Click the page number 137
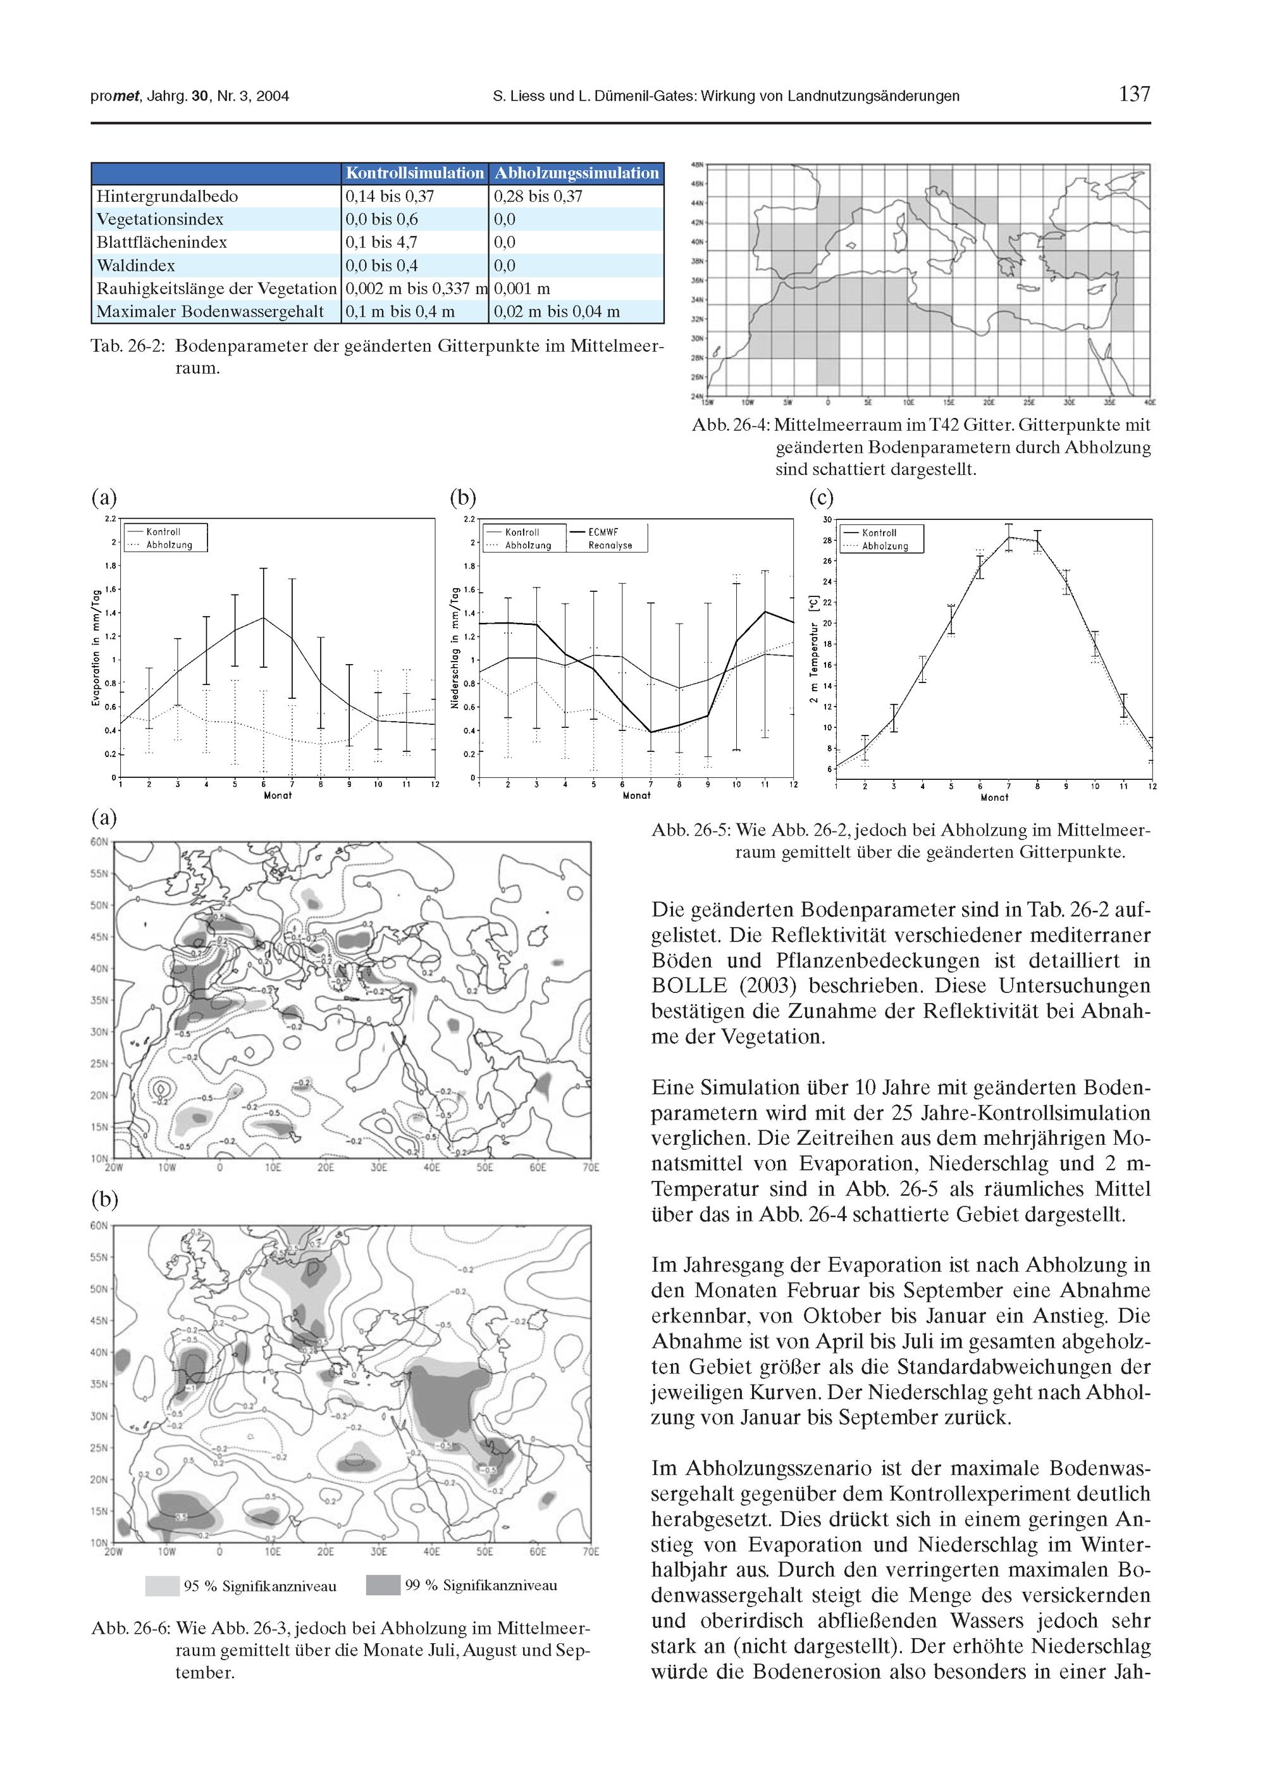click(x=1133, y=95)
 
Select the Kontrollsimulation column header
click(x=414, y=173)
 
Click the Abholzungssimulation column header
click(x=576, y=173)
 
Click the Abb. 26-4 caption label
click(x=730, y=425)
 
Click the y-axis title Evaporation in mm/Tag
click(x=96, y=646)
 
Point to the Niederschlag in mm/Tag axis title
click(x=455, y=646)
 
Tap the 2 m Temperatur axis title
click(x=814, y=650)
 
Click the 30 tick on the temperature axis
click(x=827, y=519)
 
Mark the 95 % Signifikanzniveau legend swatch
click(x=162, y=1586)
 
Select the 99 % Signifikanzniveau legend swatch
click(x=383, y=1586)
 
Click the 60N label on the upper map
click(x=99, y=842)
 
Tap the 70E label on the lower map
click(x=590, y=1551)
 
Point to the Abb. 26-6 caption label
click(x=129, y=1629)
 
